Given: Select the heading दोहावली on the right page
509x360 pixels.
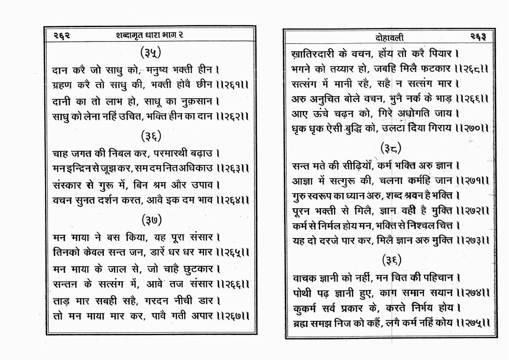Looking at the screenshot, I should (x=389, y=38).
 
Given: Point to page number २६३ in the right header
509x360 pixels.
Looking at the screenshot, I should (x=478, y=37).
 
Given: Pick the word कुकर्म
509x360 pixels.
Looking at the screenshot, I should (x=305, y=308).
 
